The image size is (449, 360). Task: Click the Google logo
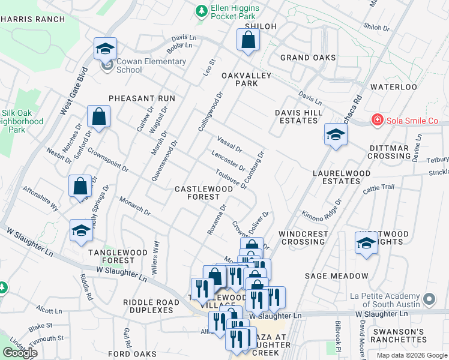pos(20,352)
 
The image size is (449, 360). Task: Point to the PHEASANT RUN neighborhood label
pos(142,98)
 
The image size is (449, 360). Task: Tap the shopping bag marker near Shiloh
pos(248,41)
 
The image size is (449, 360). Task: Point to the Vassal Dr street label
pos(229,144)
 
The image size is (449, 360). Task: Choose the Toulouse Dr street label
pos(232,179)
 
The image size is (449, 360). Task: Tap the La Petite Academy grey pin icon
pos(429,299)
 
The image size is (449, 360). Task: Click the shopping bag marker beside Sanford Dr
pos(98,116)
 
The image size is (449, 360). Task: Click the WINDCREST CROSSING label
pos(303,238)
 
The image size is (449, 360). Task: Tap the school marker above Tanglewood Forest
pos(80,231)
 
